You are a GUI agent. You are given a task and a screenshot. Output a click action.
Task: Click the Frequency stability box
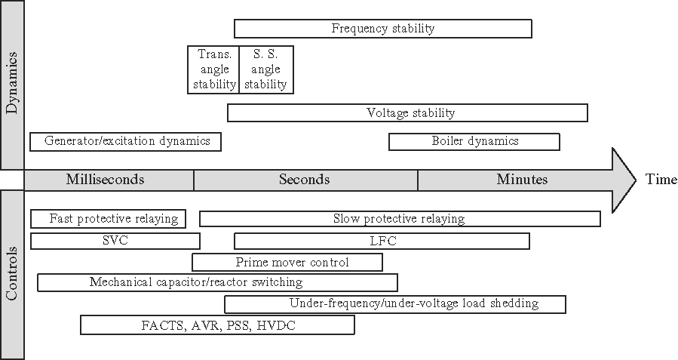383,29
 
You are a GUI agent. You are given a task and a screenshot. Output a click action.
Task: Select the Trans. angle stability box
213,69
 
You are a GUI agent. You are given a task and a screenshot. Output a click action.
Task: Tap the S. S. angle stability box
266,69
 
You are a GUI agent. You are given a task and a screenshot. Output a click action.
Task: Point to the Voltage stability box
407,113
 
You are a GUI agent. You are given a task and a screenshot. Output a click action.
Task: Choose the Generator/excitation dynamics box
126,141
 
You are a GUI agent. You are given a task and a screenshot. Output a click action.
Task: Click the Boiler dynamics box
474,141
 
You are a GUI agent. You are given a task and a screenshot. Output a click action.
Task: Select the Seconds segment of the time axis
305,180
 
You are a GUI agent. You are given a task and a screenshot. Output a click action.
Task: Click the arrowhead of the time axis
624,180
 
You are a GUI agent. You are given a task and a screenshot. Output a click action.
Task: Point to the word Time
661,180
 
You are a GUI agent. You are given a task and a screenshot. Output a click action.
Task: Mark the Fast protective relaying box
109,219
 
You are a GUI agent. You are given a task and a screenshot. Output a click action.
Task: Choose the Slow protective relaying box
400,219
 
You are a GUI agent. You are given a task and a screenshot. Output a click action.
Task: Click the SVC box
115,241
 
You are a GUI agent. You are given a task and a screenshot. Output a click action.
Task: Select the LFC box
382,241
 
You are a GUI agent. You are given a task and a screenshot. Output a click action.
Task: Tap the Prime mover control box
287,262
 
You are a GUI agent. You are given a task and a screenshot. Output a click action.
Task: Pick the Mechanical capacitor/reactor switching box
218,282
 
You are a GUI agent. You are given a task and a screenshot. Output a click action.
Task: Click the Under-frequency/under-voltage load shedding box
395,304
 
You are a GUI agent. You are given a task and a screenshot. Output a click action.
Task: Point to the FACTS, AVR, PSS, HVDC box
217,325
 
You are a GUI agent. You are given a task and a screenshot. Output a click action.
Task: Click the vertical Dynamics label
12,85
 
